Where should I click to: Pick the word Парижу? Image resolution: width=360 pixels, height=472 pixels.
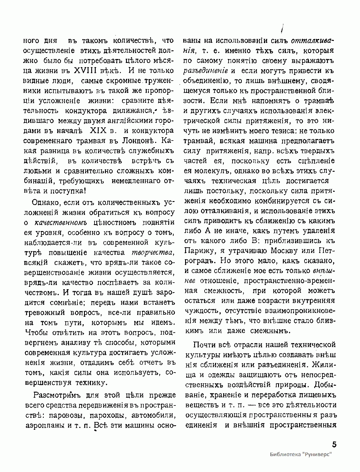[201, 251]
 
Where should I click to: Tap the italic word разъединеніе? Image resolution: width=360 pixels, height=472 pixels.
[205, 71]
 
